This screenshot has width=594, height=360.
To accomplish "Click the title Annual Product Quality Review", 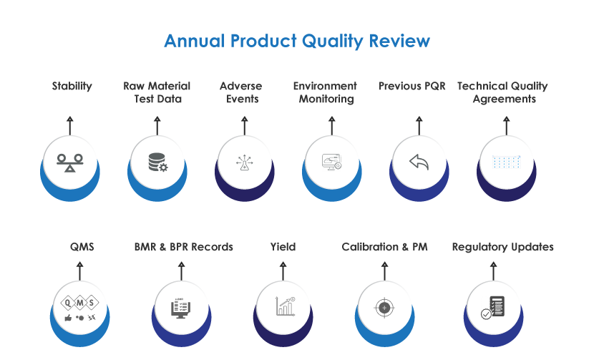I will [297, 41].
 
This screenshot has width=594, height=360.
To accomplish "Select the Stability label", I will [72, 86].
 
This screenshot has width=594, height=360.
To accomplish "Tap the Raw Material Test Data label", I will [157, 92].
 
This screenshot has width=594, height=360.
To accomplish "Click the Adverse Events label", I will [242, 92].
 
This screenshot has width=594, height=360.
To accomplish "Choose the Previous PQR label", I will [412, 86].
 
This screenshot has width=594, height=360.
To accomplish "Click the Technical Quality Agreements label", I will [502, 92].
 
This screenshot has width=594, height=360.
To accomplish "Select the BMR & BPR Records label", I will [184, 247].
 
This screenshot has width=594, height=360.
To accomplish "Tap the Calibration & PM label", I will [384, 247].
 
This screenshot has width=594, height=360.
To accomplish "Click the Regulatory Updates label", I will [502, 247].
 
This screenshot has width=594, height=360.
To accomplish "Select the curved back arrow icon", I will [419, 162].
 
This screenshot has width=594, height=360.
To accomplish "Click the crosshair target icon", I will [384, 308].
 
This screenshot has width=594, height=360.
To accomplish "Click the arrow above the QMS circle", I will [79, 271].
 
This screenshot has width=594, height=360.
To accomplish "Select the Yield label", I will [283, 247].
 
